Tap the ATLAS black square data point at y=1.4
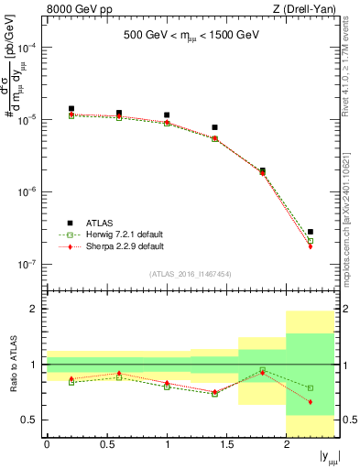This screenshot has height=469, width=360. click(x=214, y=127)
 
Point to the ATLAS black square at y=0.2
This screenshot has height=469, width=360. click(x=71, y=109)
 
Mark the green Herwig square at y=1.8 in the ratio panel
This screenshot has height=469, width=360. click(x=263, y=370)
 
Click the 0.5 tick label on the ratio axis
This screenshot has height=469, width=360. click(x=33, y=420)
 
